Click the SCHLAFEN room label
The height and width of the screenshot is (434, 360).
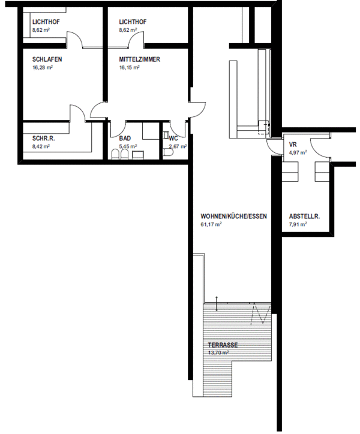47,59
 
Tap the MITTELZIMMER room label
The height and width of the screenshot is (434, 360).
140,59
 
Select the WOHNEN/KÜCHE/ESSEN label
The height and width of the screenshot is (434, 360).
233,216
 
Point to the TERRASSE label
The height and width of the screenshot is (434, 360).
223,345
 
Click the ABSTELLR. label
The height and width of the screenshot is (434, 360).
304,216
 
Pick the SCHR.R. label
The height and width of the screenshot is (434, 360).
44,138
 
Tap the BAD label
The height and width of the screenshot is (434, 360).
125,138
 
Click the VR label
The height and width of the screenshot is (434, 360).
293,144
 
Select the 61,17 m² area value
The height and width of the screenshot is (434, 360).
211,224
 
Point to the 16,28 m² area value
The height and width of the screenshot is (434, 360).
43,67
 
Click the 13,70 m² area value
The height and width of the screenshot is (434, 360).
218,352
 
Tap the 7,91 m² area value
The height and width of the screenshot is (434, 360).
298,224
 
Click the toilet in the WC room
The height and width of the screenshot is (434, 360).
168,153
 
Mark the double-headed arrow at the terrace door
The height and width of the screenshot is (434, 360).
217,304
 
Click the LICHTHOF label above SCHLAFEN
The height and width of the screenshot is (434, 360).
46,22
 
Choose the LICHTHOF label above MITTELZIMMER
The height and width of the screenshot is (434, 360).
133,22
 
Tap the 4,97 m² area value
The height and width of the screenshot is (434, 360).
298,152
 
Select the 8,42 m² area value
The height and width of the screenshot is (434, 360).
41,146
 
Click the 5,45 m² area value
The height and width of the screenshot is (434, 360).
128,146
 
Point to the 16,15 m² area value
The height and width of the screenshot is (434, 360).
130,67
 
